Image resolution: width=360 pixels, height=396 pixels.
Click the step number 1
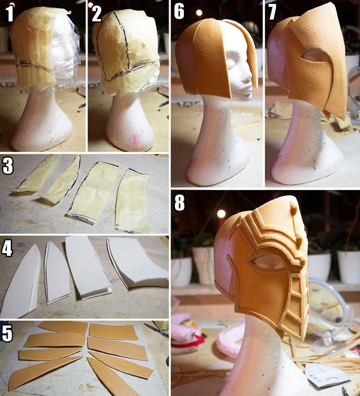click(10, 13)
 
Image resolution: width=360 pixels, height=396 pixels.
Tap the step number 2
click(96, 13)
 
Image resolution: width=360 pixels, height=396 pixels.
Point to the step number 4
click(7, 248)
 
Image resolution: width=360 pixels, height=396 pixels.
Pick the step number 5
click(7, 333)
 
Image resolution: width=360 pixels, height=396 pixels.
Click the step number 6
click(179, 11)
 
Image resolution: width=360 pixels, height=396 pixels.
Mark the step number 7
click(272, 11)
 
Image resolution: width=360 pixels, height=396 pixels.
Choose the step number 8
click(179, 203)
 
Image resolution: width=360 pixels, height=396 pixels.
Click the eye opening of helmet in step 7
click(313, 55)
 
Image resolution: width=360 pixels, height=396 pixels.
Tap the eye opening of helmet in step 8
click(267, 262)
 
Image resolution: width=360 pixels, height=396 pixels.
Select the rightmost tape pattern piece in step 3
click(133, 201)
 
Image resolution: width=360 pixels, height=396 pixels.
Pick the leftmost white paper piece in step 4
click(20, 280)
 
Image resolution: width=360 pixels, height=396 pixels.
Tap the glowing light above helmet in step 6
click(199, 13)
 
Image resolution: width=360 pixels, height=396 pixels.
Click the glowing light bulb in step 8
click(221, 214)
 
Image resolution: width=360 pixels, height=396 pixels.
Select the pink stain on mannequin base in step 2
click(136, 140)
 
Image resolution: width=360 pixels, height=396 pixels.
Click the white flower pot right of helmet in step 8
click(349, 267)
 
